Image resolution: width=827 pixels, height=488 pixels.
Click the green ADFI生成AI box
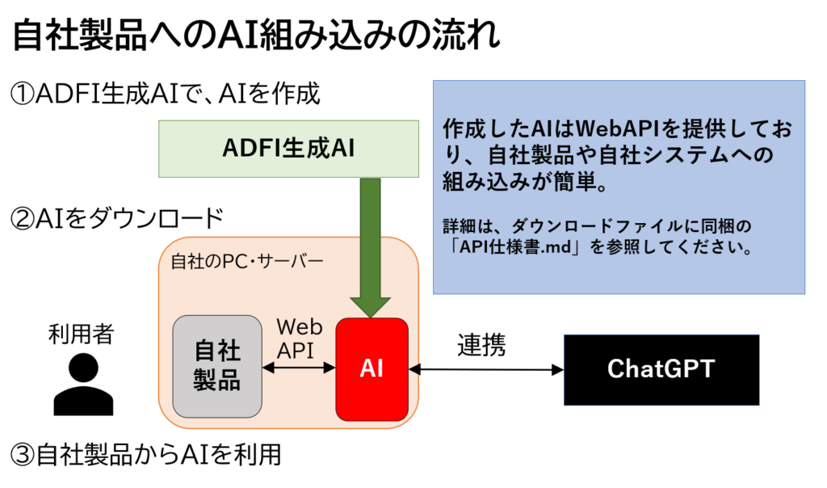click(x=288, y=149)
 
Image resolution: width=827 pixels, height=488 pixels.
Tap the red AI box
click(x=372, y=369)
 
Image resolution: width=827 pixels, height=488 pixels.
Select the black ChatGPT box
click(x=661, y=370)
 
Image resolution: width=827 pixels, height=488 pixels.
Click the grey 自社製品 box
click(x=217, y=367)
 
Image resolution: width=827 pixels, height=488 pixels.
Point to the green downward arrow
click(x=370, y=248)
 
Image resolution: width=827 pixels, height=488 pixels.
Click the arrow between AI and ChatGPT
click(x=485, y=370)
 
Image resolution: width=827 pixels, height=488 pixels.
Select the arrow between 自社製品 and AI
click(x=299, y=368)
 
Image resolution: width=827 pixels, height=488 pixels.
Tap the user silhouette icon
click(x=83, y=384)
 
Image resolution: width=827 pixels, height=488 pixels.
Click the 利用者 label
click(x=81, y=334)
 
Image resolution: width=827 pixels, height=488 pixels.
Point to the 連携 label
click(x=481, y=345)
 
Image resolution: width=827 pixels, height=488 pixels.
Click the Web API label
click(x=299, y=339)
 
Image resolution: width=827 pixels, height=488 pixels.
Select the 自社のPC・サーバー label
click(x=247, y=262)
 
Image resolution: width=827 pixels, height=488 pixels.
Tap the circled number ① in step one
click(x=23, y=95)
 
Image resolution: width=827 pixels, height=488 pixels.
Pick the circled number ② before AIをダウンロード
click(x=23, y=219)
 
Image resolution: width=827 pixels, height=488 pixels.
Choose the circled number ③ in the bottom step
click(x=23, y=455)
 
